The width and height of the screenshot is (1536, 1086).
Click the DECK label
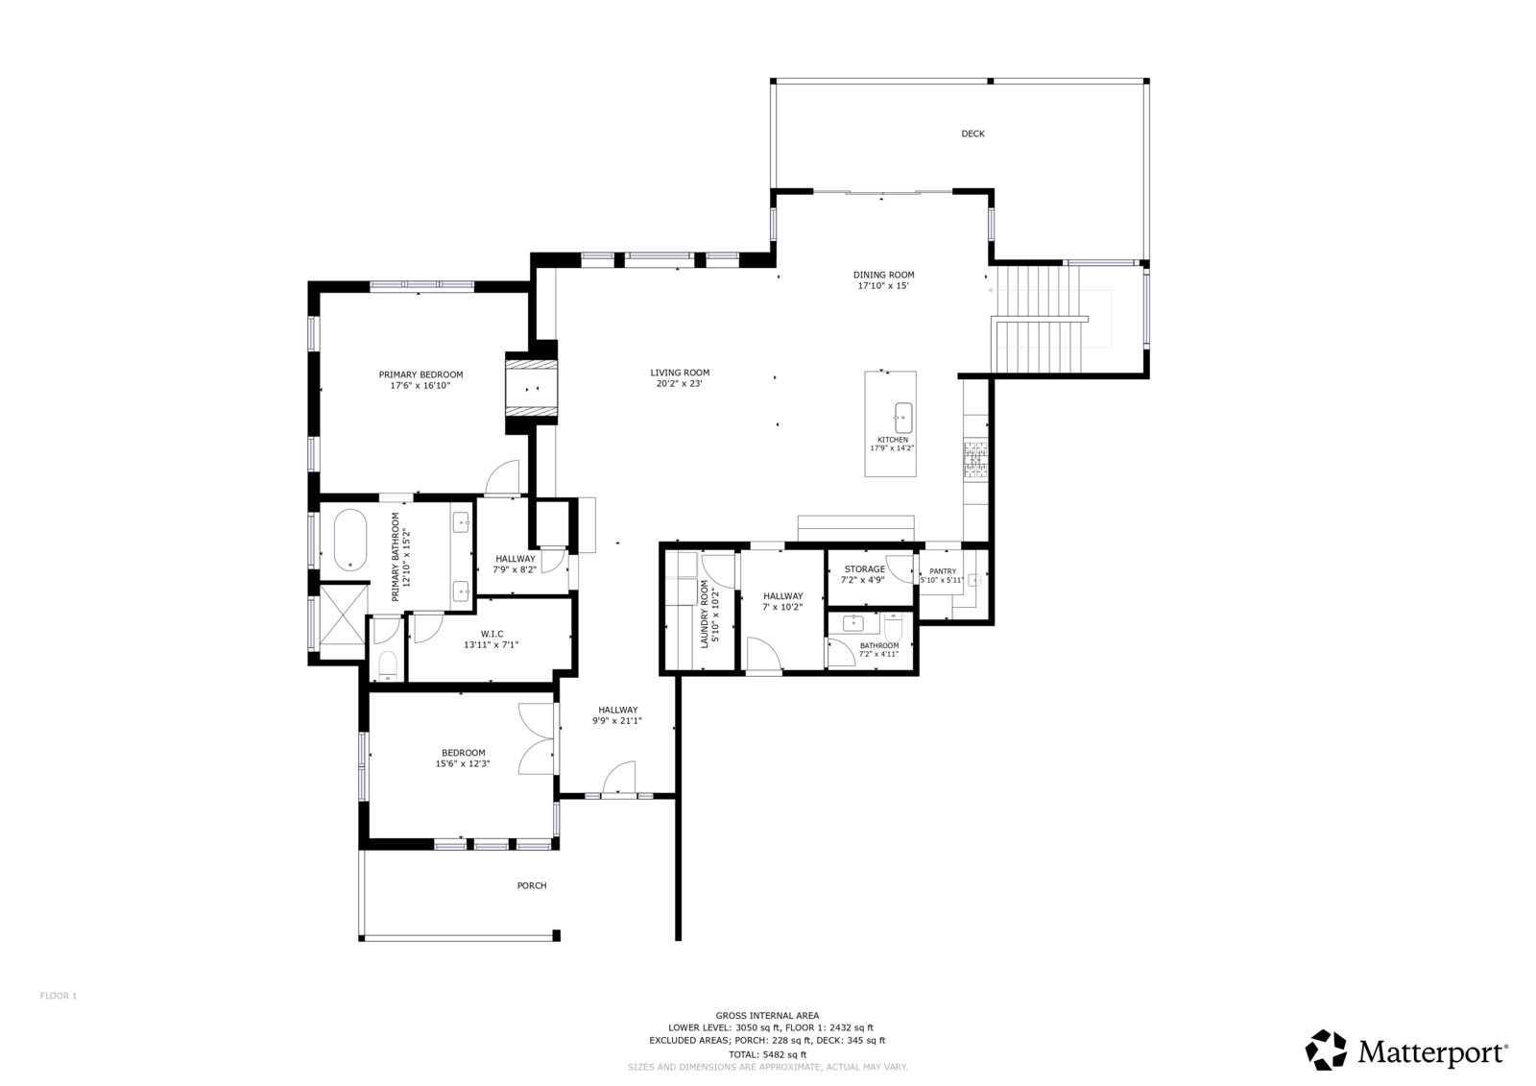tap(972, 133)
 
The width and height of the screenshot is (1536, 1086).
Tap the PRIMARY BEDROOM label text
tap(420, 374)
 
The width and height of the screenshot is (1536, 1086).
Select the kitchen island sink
tap(903, 418)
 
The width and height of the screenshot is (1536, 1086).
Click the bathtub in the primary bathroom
tap(349, 540)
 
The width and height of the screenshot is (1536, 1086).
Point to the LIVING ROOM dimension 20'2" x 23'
tap(679, 384)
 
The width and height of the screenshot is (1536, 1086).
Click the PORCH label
tap(532, 885)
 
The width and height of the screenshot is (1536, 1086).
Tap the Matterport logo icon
tap(1326, 1050)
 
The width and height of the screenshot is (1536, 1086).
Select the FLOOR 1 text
tap(59, 996)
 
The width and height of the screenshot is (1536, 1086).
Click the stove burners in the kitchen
tap(975, 460)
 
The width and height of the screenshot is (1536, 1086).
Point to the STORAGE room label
tap(865, 568)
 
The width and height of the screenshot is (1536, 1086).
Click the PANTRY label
tap(943, 570)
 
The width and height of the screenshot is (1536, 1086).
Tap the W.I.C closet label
tap(492, 634)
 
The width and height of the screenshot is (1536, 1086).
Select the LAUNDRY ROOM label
tap(705, 614)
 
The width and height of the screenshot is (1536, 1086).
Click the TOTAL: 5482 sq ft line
tap(767, 1054)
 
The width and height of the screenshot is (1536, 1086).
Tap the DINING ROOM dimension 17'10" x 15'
tap(883, 286)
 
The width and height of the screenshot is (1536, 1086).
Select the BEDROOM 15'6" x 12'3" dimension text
tap(463, 763)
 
